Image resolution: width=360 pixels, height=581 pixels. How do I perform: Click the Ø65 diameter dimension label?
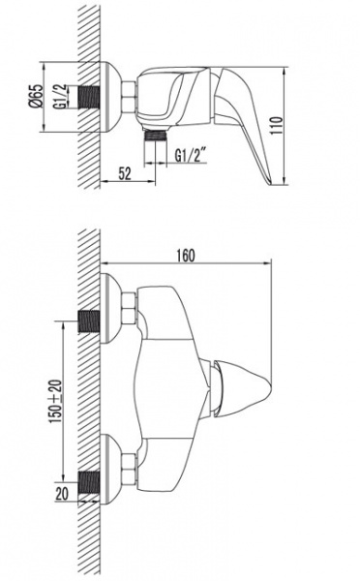point(36,96)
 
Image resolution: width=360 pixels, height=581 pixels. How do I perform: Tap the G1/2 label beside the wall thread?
point(62,96)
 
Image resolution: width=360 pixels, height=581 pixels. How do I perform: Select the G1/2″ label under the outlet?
point(191,155)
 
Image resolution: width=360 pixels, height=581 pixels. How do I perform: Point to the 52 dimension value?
point(125,173)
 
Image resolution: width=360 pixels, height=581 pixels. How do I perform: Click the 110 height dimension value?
point(277,125)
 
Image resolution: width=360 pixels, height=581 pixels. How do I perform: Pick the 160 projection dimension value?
point(185,256)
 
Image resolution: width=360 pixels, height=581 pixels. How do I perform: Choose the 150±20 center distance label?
point(55,402)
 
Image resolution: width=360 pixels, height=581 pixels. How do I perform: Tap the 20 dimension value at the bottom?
point(62,494)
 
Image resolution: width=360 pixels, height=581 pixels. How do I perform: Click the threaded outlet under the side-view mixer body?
point(156,135)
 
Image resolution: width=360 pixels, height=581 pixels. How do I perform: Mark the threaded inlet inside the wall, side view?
point(89,98)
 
